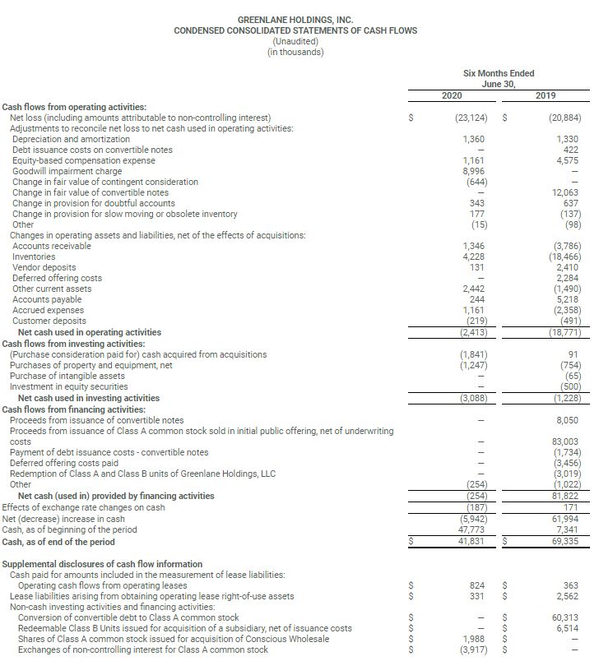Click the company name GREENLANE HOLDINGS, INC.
tap(295, 19)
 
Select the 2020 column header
tap(451, 96)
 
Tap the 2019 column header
tap(546, 96)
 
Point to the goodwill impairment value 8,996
tap(472, 171)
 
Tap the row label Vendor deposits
tap(44, 267)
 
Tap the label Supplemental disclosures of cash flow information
tap(102, 564)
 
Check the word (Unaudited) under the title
tap(295, 41)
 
